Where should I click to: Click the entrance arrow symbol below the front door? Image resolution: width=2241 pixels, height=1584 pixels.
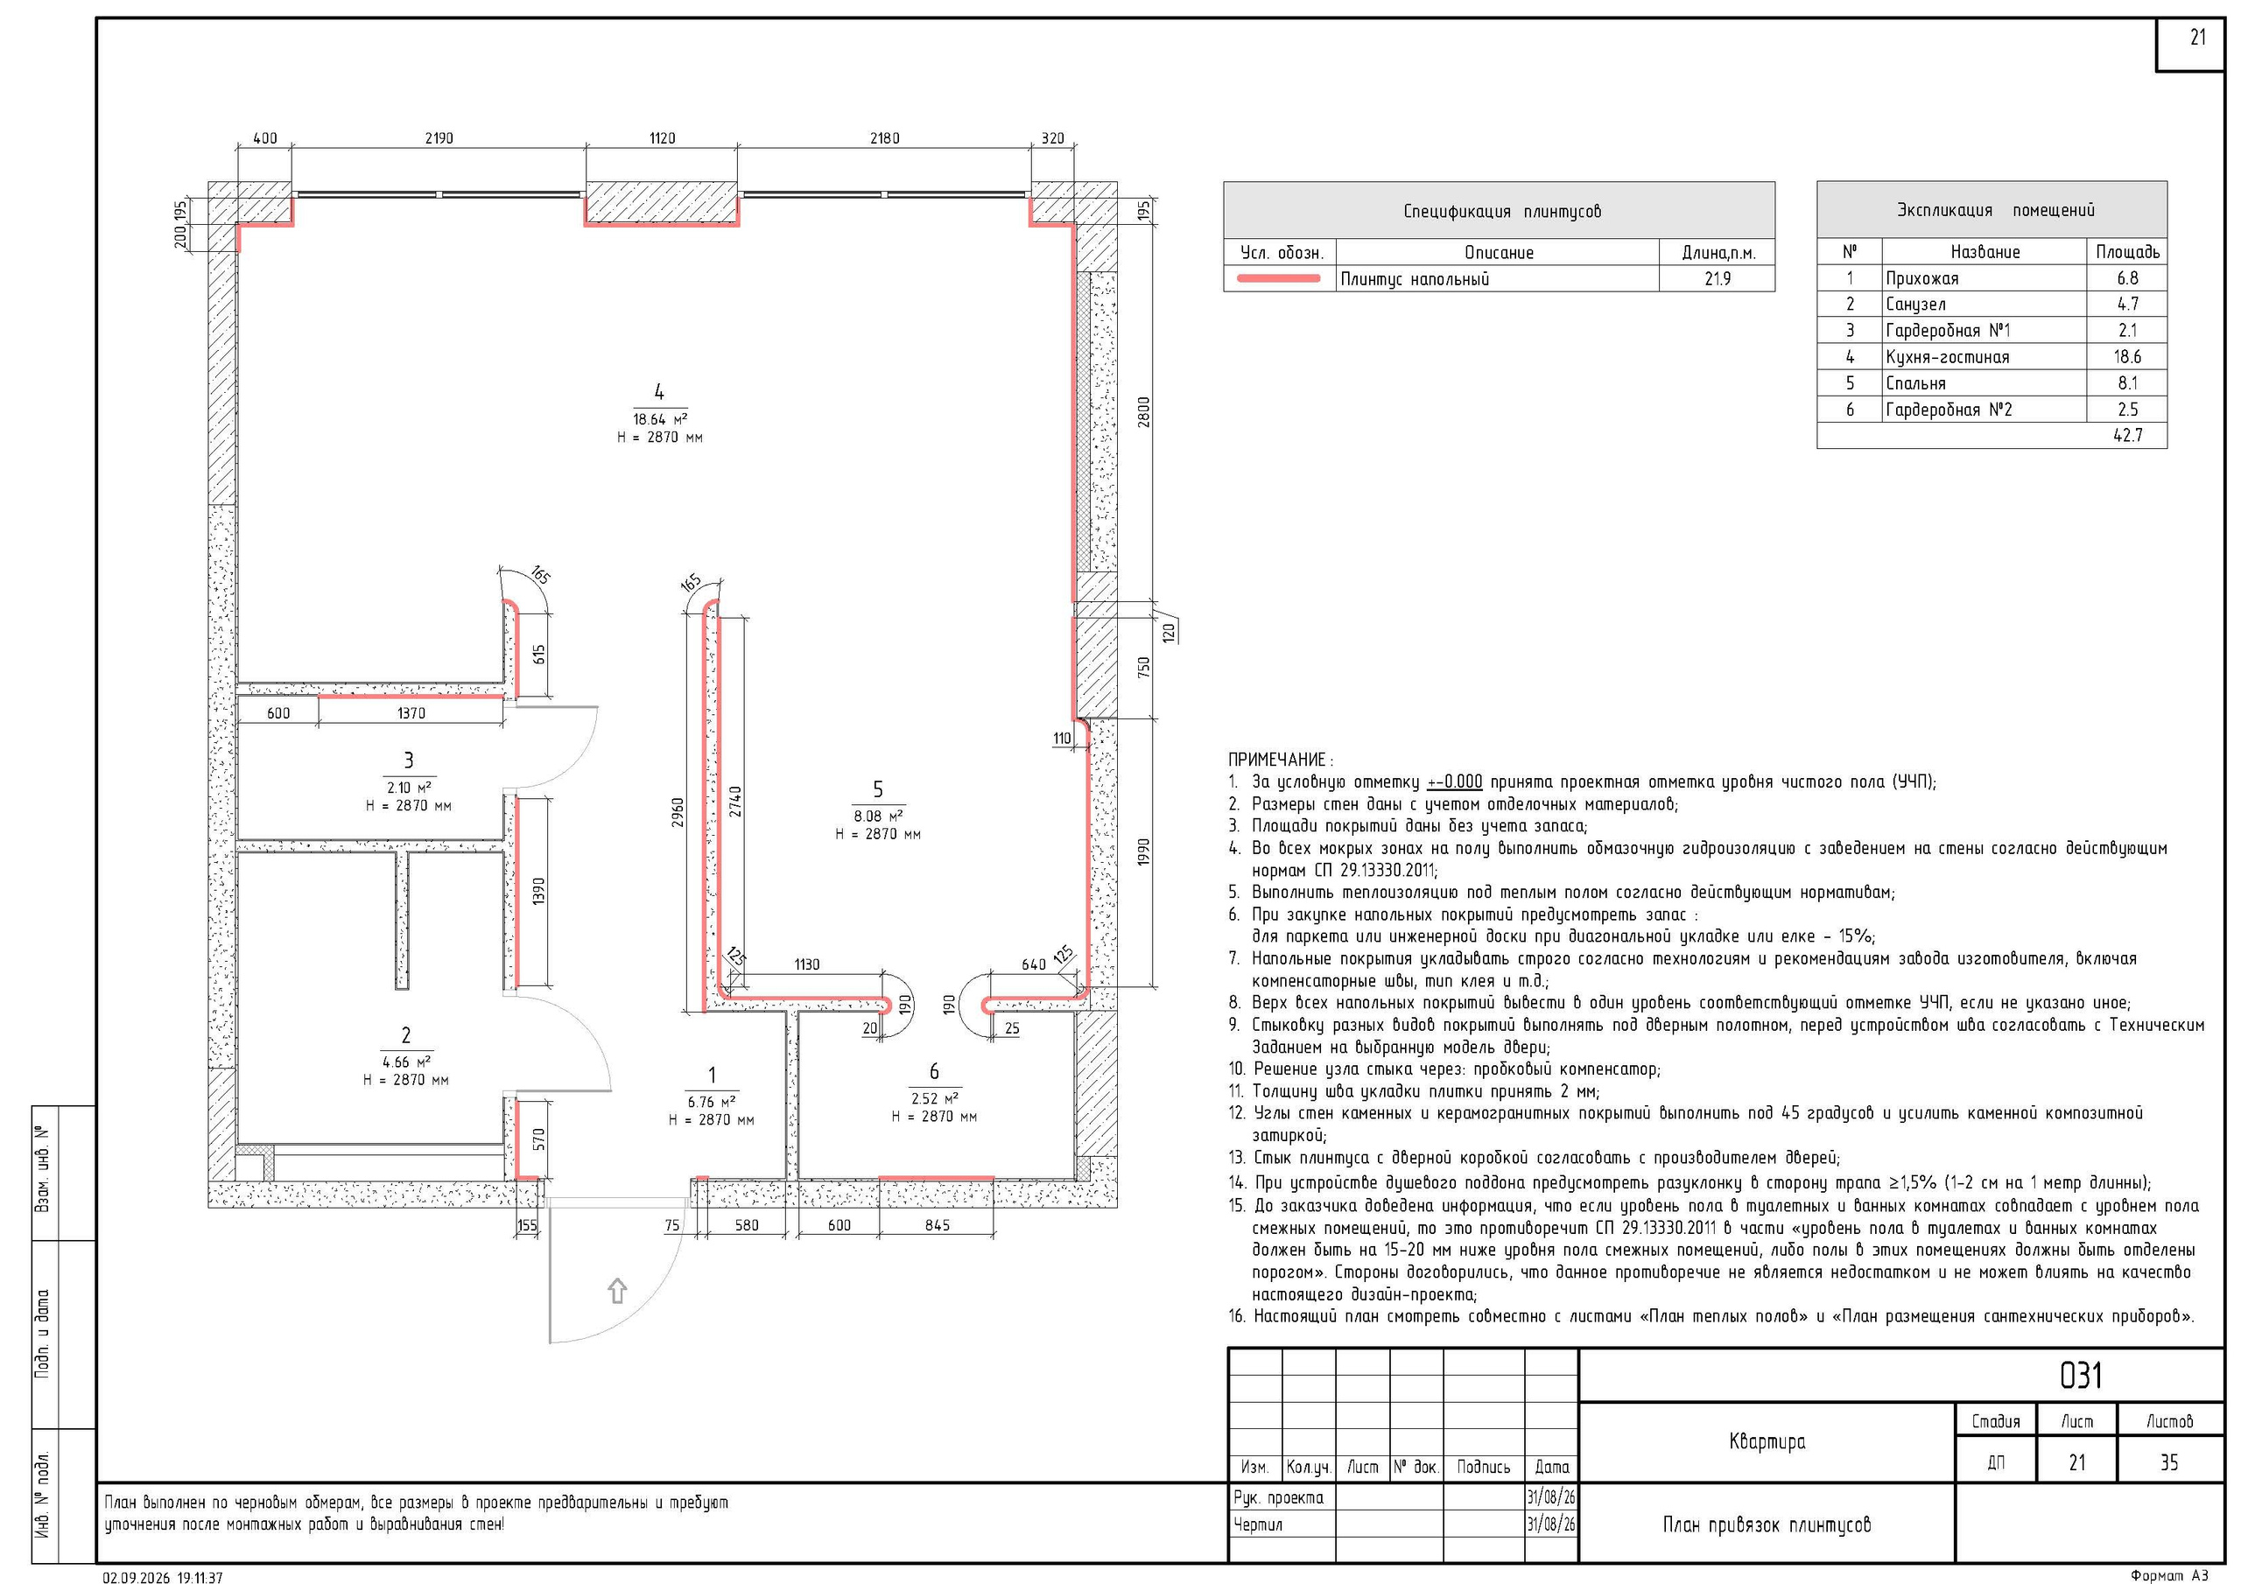(617, 1290)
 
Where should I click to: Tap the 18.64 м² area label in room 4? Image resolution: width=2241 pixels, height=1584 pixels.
(660, 418)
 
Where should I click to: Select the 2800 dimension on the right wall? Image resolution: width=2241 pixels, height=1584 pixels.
(1144, 411)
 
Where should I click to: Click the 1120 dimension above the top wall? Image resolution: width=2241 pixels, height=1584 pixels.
(662, 138)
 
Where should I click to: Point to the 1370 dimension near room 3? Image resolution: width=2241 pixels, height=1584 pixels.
(411, 713)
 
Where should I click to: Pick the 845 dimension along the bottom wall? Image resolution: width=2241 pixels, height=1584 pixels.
(937, 1225)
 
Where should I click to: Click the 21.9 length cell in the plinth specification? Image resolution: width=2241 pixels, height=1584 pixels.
(1717, 279)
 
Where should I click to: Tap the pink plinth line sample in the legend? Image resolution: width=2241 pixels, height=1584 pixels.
(1279, 279)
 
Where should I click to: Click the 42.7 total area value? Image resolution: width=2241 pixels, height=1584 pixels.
(2128, 435)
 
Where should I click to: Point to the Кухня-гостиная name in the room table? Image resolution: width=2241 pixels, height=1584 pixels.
(1947, 357)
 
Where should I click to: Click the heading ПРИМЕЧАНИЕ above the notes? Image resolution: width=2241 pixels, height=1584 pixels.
(1280, 760)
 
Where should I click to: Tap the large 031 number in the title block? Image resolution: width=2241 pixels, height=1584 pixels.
(2080, 1375)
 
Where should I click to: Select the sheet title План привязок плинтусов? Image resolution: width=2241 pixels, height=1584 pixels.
(1767, 1524)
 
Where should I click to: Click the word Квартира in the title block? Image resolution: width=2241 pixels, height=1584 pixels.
(1767, 1441)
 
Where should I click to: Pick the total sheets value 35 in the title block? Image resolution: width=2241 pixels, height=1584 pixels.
(2168, 1462)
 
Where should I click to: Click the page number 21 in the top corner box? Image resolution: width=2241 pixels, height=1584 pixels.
(2197, 37)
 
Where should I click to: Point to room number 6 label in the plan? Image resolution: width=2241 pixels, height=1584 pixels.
(934, 1072)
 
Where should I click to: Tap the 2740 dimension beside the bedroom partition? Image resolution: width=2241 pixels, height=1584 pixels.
(735, 803)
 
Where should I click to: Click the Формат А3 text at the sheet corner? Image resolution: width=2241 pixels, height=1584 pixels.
(2168, 1575)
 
